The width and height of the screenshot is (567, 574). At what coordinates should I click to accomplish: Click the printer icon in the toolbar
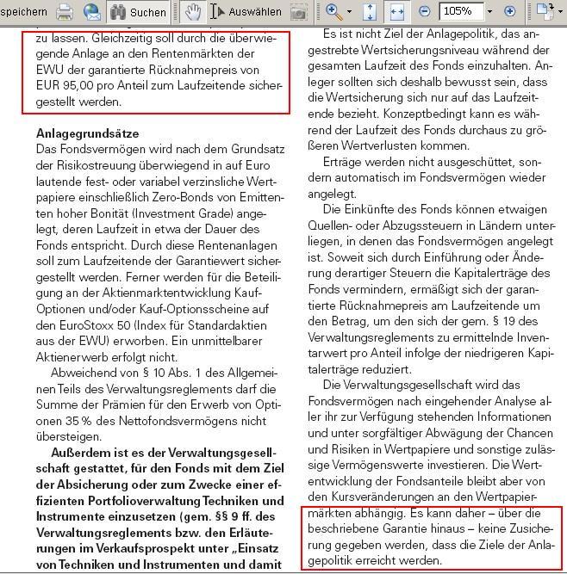pyautogui.click(x=65, y=11)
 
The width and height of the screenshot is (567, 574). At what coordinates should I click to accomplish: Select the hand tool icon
pyautogui.click(x=193, y=11)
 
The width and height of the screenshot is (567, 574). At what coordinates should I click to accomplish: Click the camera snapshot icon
pyautogui.click(x=298, y=12)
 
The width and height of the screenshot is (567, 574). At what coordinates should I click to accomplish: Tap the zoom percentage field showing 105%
pyautogui.click(x=461, y=11)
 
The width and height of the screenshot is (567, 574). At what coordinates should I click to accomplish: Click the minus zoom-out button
pyautogui.click(x=425, y=11)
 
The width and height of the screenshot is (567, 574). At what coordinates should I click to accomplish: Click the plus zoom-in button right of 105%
pyautogui.click(x=509, y=11)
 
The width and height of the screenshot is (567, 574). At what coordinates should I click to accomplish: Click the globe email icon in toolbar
pyautogui.click(x=91, y=11)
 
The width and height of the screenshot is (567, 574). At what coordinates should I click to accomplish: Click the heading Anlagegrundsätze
pyautogui.click(x=87, y=134)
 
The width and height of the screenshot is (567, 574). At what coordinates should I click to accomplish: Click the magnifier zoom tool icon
pyautogui.click(x=333, y=11)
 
